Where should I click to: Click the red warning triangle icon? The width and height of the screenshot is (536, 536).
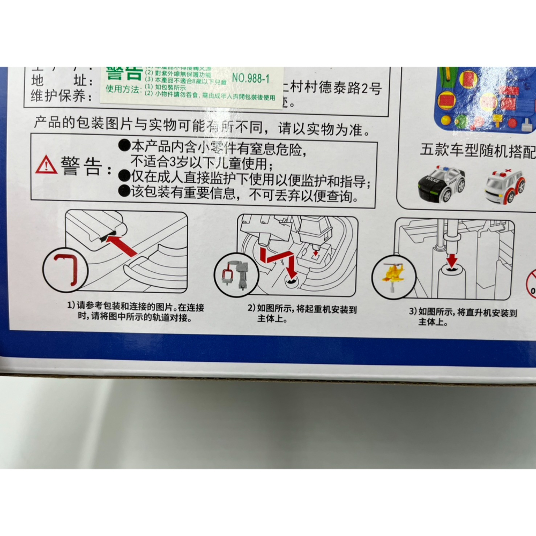(46, 165)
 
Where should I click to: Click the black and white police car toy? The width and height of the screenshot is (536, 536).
(441, 183)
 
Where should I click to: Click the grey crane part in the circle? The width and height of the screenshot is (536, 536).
(234, 275)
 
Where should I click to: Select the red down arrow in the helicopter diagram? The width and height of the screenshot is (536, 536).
(452, 260)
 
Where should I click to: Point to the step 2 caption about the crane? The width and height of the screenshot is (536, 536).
(302, 314)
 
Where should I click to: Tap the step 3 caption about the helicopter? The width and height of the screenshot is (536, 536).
(463, 317)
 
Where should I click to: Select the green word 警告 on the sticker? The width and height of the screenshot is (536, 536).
(124, 72)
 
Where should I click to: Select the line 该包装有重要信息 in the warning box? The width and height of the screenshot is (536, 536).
(237, 197)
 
